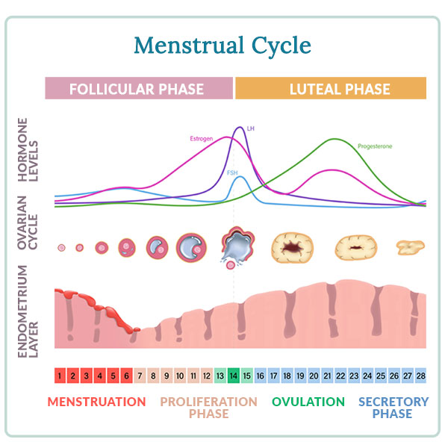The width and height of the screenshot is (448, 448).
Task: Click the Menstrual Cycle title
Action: click(223, 46)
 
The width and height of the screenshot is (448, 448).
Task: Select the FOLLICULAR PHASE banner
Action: click(137, 89)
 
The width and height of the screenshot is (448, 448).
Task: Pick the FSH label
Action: click(232, 172)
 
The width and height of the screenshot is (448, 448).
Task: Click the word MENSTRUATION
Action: click(96, 402)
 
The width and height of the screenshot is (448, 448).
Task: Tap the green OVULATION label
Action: click(308, 402)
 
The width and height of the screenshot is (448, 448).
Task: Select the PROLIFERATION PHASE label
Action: click(208, 408)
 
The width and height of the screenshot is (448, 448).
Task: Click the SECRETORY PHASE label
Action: click(393, 408)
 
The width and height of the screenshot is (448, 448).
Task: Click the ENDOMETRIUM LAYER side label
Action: click(31, 308)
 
